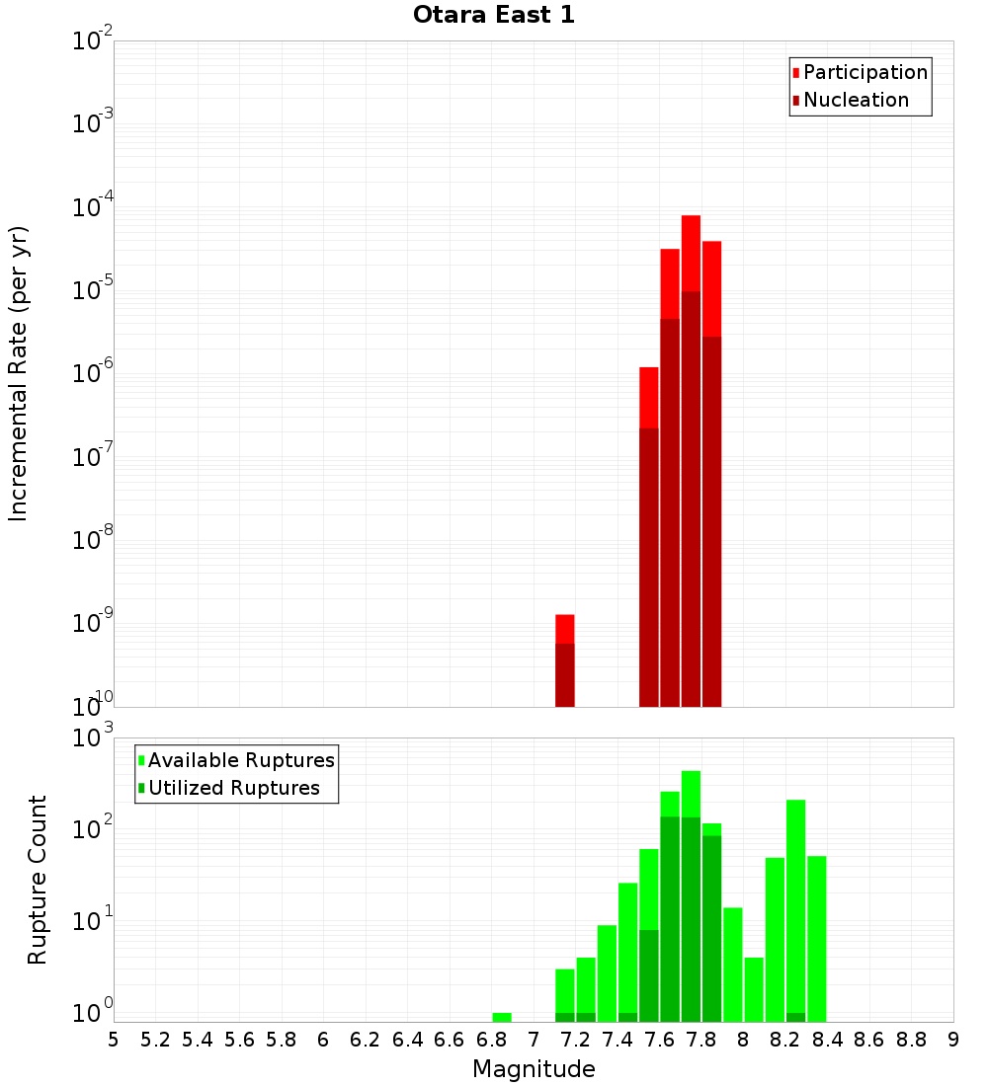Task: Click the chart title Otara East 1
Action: click(493, 16)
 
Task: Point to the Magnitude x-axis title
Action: click(534, 1069)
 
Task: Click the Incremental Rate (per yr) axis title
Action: click(19, 373)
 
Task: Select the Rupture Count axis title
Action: click(38, 880)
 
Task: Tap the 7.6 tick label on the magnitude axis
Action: click(660, 1040)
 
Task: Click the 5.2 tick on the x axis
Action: click(156, 1040)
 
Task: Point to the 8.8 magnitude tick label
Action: click(912, 1040)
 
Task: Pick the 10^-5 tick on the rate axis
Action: click(93, 291)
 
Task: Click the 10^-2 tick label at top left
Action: click(93, 41)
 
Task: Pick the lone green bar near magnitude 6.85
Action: click(502, 1017)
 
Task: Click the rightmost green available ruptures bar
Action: click(817, 938)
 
